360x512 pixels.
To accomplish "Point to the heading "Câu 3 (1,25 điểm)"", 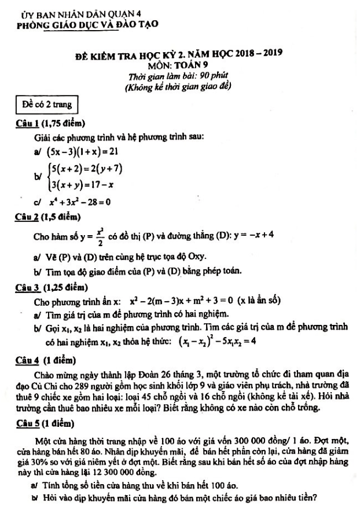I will (x=52, y=287).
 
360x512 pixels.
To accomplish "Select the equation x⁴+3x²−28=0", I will (x=80, y=202).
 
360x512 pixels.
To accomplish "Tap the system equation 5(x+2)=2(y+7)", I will (x=87, y=169).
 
